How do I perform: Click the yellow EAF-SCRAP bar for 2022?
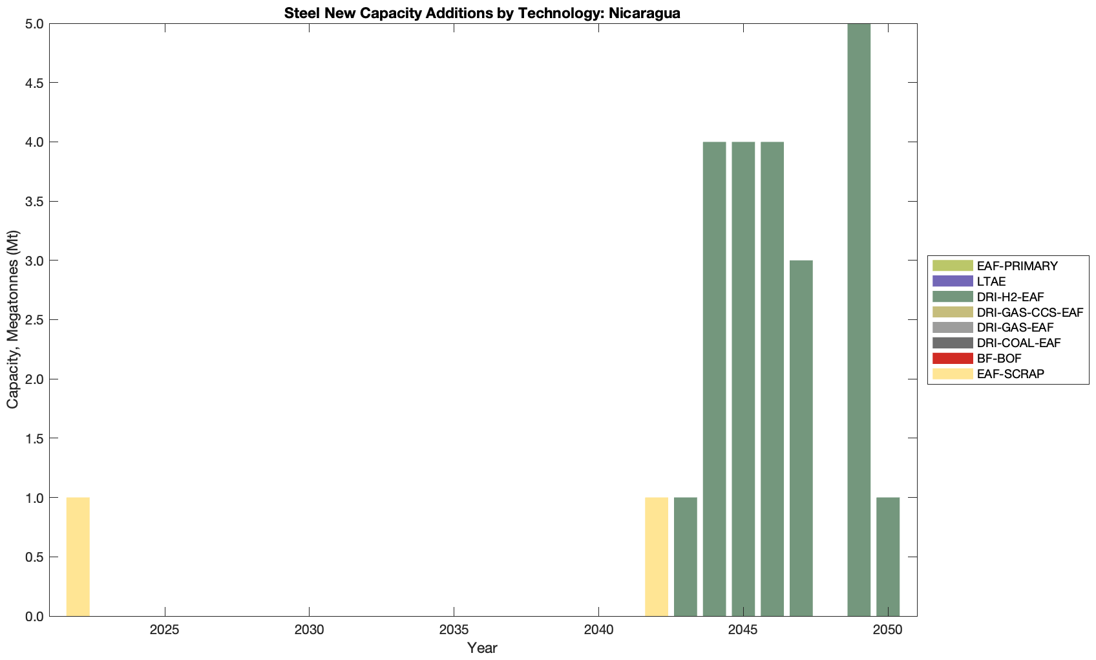tap(78, 557)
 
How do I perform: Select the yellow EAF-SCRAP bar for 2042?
tap(657, 557)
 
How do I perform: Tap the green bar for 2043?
tap(686, 557)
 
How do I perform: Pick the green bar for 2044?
tap(714, 379)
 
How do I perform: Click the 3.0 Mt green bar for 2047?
tap(801, 438)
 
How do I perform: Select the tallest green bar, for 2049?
tap(859, 320)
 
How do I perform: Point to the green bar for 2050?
tap(888, 557)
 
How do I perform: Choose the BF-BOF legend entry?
tap(999, 358)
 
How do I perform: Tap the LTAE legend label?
tap(991, 281)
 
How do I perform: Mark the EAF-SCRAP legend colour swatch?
tap(953, 374)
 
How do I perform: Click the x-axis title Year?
tap(482, 648)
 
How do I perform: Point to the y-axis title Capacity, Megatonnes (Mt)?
tap(13, 320)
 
